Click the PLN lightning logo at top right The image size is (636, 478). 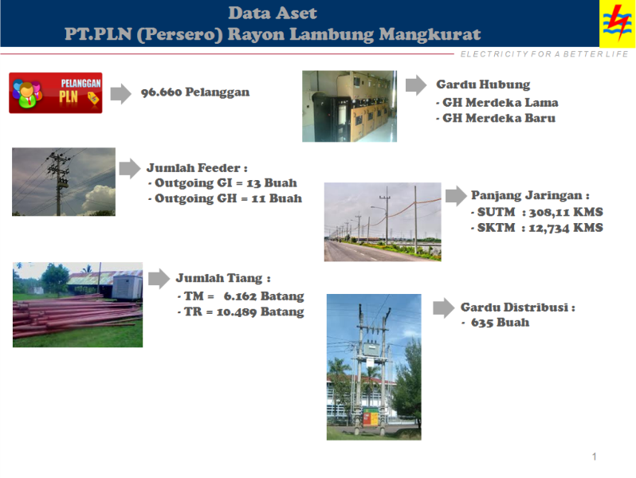[617, 24]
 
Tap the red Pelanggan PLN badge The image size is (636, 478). [56, 92]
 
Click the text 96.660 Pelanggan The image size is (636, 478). [195, 92]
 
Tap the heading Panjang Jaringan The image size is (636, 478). [530, 195]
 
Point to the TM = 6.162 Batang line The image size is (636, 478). [240, 296]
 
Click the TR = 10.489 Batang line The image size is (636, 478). [240, 311]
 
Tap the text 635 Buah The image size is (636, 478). [500, 323]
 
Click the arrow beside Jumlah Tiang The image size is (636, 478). [159, 278]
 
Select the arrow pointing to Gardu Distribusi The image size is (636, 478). [444, 308]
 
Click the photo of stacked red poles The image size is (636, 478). [77, 305]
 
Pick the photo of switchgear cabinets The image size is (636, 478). [349, 106]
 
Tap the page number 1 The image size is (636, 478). [595, 456]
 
